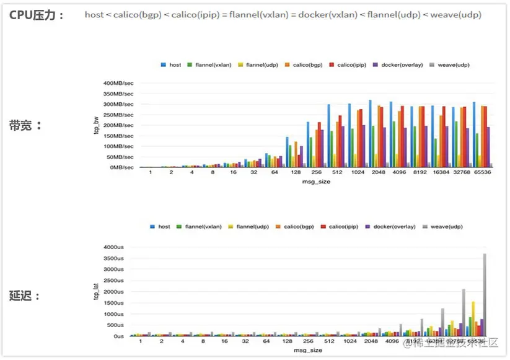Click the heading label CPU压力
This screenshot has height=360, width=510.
click(x=36, y=15)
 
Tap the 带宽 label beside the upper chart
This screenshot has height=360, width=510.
click(x=25, y=125)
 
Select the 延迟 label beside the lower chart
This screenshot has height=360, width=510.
click(x=25, y=296)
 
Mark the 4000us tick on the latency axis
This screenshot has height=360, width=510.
click(x=115, y=247)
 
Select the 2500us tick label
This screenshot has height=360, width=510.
click(x=115, y=281)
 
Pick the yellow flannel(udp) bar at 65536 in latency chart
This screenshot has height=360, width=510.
click(x=473, y=318)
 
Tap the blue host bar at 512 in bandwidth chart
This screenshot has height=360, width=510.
click(x=328, y=136)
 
